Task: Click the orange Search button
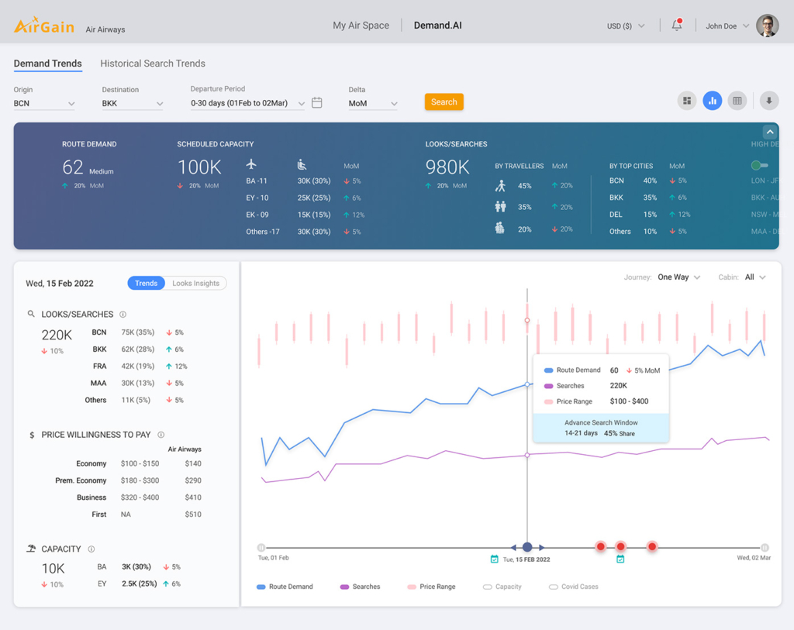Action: click(444, 102)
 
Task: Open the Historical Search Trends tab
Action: click(153, 64)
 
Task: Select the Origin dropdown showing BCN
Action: click(44, 103)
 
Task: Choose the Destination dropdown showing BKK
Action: click(133, 103)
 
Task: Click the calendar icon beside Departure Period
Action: click(317, 102)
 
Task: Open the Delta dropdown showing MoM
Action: click(373, 103)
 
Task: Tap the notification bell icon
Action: click(676, 26)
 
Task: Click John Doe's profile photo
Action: click(767, 26)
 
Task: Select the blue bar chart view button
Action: click(712, 101)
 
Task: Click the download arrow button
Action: click(768, 101)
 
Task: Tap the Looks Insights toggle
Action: click(195, 284)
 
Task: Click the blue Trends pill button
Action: click(146, 284)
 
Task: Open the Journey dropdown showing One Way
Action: click(678, 277)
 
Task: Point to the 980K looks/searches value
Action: click(447, 167)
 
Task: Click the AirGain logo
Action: click(44, 26)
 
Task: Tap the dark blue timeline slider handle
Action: click(527, 547)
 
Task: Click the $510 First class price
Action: click(193, 515)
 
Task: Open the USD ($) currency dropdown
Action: click(626, 26)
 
